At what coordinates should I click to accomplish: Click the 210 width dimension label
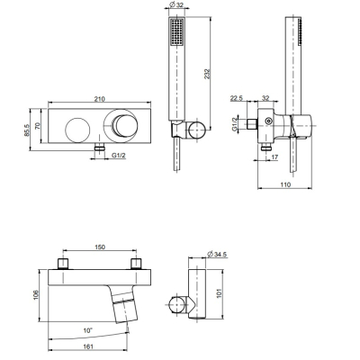coord(99,99)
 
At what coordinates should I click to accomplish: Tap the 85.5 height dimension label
coord(27,130)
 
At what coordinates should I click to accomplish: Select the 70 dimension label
coord(38,126)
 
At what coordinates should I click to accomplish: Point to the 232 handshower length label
coord(207,75)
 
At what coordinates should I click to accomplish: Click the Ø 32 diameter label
coord(177,4)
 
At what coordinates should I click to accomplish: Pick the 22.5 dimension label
coord(237,98)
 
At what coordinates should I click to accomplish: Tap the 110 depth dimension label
coord(285,184)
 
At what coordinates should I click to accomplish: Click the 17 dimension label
coord(274,157)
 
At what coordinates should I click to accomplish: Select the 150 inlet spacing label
coord(100,247)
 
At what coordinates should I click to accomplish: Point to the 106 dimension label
coord(36,295)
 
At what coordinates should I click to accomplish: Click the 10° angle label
coord(87,330)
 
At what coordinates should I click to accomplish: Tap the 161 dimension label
coord(87,346)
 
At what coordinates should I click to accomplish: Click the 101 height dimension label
coord(219,293)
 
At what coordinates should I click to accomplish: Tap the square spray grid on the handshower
coord(177,32)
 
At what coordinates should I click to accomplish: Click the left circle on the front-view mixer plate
coord(77,130)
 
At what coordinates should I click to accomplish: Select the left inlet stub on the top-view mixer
coord(63,264)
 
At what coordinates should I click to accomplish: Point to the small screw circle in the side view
coord(268,121)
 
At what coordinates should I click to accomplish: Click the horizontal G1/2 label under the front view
coord(119,156)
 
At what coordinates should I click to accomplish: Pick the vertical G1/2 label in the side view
coord(235,123)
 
